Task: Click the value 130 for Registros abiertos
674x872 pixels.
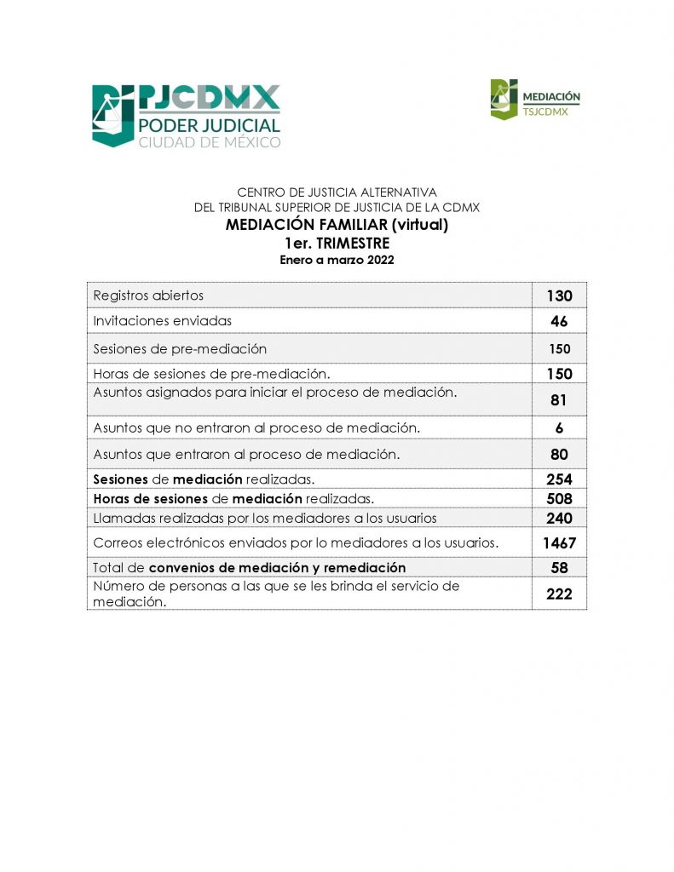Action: tap(559, 295)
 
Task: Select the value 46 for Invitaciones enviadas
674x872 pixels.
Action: tap(559, 321)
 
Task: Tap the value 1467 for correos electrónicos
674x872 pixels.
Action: tap(559, 542)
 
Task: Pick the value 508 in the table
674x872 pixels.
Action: tap(559, 498)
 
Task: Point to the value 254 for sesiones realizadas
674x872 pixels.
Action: tap(559, 479)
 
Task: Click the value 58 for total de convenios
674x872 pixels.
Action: tap(559, 567)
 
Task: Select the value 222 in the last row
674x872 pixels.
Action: tap(559, 594)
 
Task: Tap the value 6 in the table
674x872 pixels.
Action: tap(559, 428)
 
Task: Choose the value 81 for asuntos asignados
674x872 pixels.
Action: tap(559, 399)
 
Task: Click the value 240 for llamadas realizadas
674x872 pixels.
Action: tap(559, 518)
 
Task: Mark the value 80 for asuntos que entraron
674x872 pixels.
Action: tap(559, 454)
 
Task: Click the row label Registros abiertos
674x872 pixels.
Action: tap(148, 295)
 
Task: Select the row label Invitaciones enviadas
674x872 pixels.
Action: tap(162, 321)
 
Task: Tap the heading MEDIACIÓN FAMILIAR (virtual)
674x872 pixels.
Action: tap(337, 226)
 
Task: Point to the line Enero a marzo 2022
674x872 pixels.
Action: tap(337, 261)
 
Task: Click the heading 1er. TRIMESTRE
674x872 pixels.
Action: tap(337, 244)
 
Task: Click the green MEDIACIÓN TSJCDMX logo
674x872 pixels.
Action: tap(535, 99)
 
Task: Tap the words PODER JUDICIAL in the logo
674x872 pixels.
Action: tap(209, 125)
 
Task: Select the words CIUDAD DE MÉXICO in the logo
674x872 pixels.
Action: tap(209, 142)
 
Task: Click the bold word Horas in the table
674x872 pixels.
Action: tap(111, 498)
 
